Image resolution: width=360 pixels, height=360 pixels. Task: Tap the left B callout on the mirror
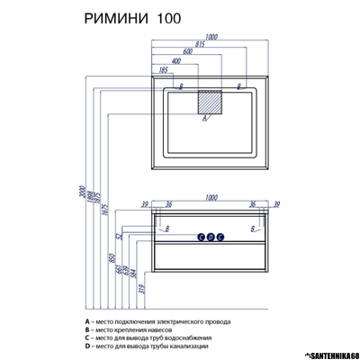tap(180, 87)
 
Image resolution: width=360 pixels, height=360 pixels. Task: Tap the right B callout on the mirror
tap(238, 87)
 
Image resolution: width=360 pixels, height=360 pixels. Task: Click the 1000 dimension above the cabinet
tap(212, 197)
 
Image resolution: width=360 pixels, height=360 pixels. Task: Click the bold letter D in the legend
tap(86, 346)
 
